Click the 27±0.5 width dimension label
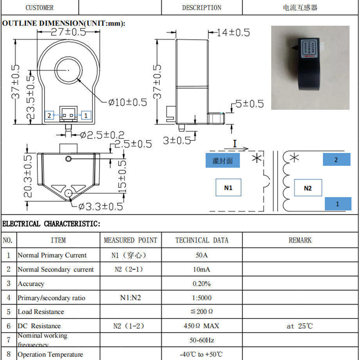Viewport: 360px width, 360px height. [68, 32]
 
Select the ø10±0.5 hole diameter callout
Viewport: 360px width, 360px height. [128, 103]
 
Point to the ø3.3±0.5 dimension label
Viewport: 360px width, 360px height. [101, 207]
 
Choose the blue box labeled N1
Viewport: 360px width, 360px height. [228, 188]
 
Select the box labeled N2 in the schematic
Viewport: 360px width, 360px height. [308, 188]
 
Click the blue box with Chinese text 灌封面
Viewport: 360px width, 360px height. [223, 161]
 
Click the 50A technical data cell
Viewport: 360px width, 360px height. [202, 255]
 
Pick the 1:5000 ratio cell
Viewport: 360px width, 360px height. [202, 298]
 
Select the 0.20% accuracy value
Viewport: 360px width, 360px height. [202, 284]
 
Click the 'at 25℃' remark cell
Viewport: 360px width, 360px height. [300, 326]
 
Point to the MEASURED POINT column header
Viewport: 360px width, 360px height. [130, 240]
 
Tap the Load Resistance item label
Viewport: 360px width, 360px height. [41, 312]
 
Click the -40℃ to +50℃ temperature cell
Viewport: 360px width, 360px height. [202, 355]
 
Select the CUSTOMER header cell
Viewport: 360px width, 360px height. [40, 8]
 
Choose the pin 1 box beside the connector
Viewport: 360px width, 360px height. [86, 115]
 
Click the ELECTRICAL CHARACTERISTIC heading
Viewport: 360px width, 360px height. [51, 224]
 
